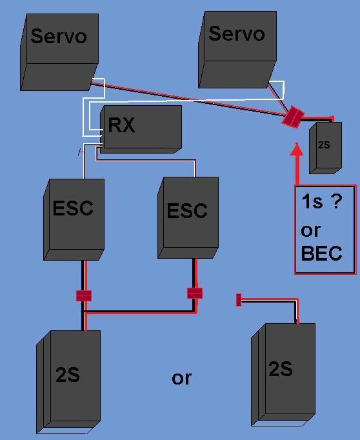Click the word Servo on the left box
pos(59,36)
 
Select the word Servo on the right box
pos(237,34)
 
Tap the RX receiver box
pos(140,128)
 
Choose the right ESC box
pos(186,219)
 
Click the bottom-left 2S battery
pos(68,381)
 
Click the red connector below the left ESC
pos(84,295)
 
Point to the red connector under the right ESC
pos(195,293)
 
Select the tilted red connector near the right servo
pos(293,116)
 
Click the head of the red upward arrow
pos(297,151)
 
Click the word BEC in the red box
pos(321,254)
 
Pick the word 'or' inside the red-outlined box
pos(310,230)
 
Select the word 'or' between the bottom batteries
pos(181,378)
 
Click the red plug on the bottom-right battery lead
pos(239,299)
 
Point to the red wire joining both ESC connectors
pos(139,313)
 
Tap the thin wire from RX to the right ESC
pos(148,159)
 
